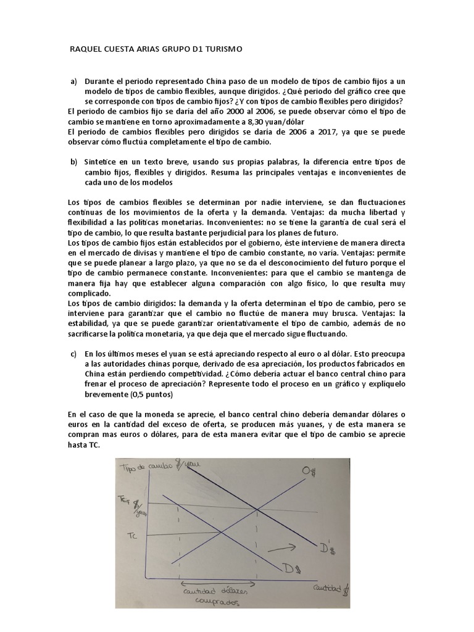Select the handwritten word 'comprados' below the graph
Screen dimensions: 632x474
tap(215, 602)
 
